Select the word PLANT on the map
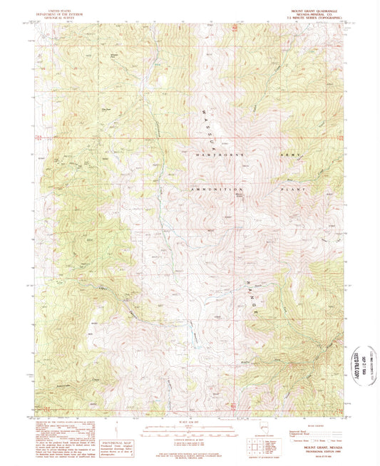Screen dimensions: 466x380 point(293,189)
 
